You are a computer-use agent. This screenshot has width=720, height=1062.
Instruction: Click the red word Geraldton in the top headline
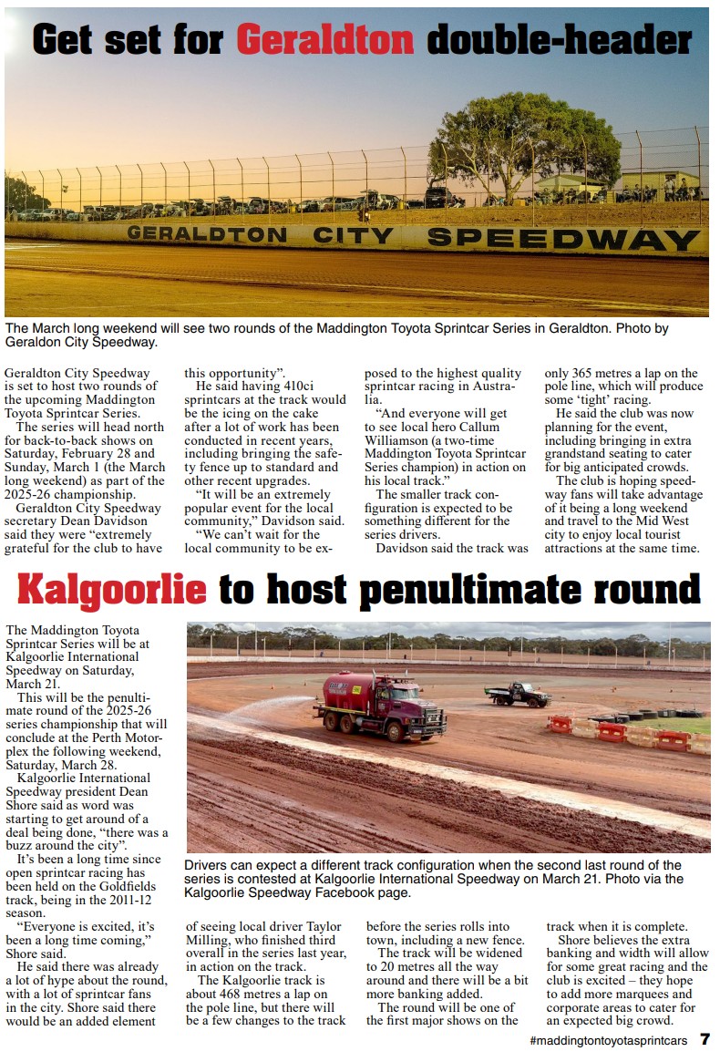pyautogui.click(x=325, y=40)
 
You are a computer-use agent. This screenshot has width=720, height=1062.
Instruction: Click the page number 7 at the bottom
pyautogui.click(x=705, y=1040)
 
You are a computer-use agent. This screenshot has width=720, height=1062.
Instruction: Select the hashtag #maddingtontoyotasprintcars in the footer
pyautogui.click(x=608, y=1041)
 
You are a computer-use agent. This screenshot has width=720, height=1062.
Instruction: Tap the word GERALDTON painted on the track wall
pyautogui.click(x=207, y=234)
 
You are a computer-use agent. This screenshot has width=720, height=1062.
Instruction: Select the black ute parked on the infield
pyautogui.click(x=518, y=695)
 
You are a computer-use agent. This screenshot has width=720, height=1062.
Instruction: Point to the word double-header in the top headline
pyautogui.click(x=559, y=40)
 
